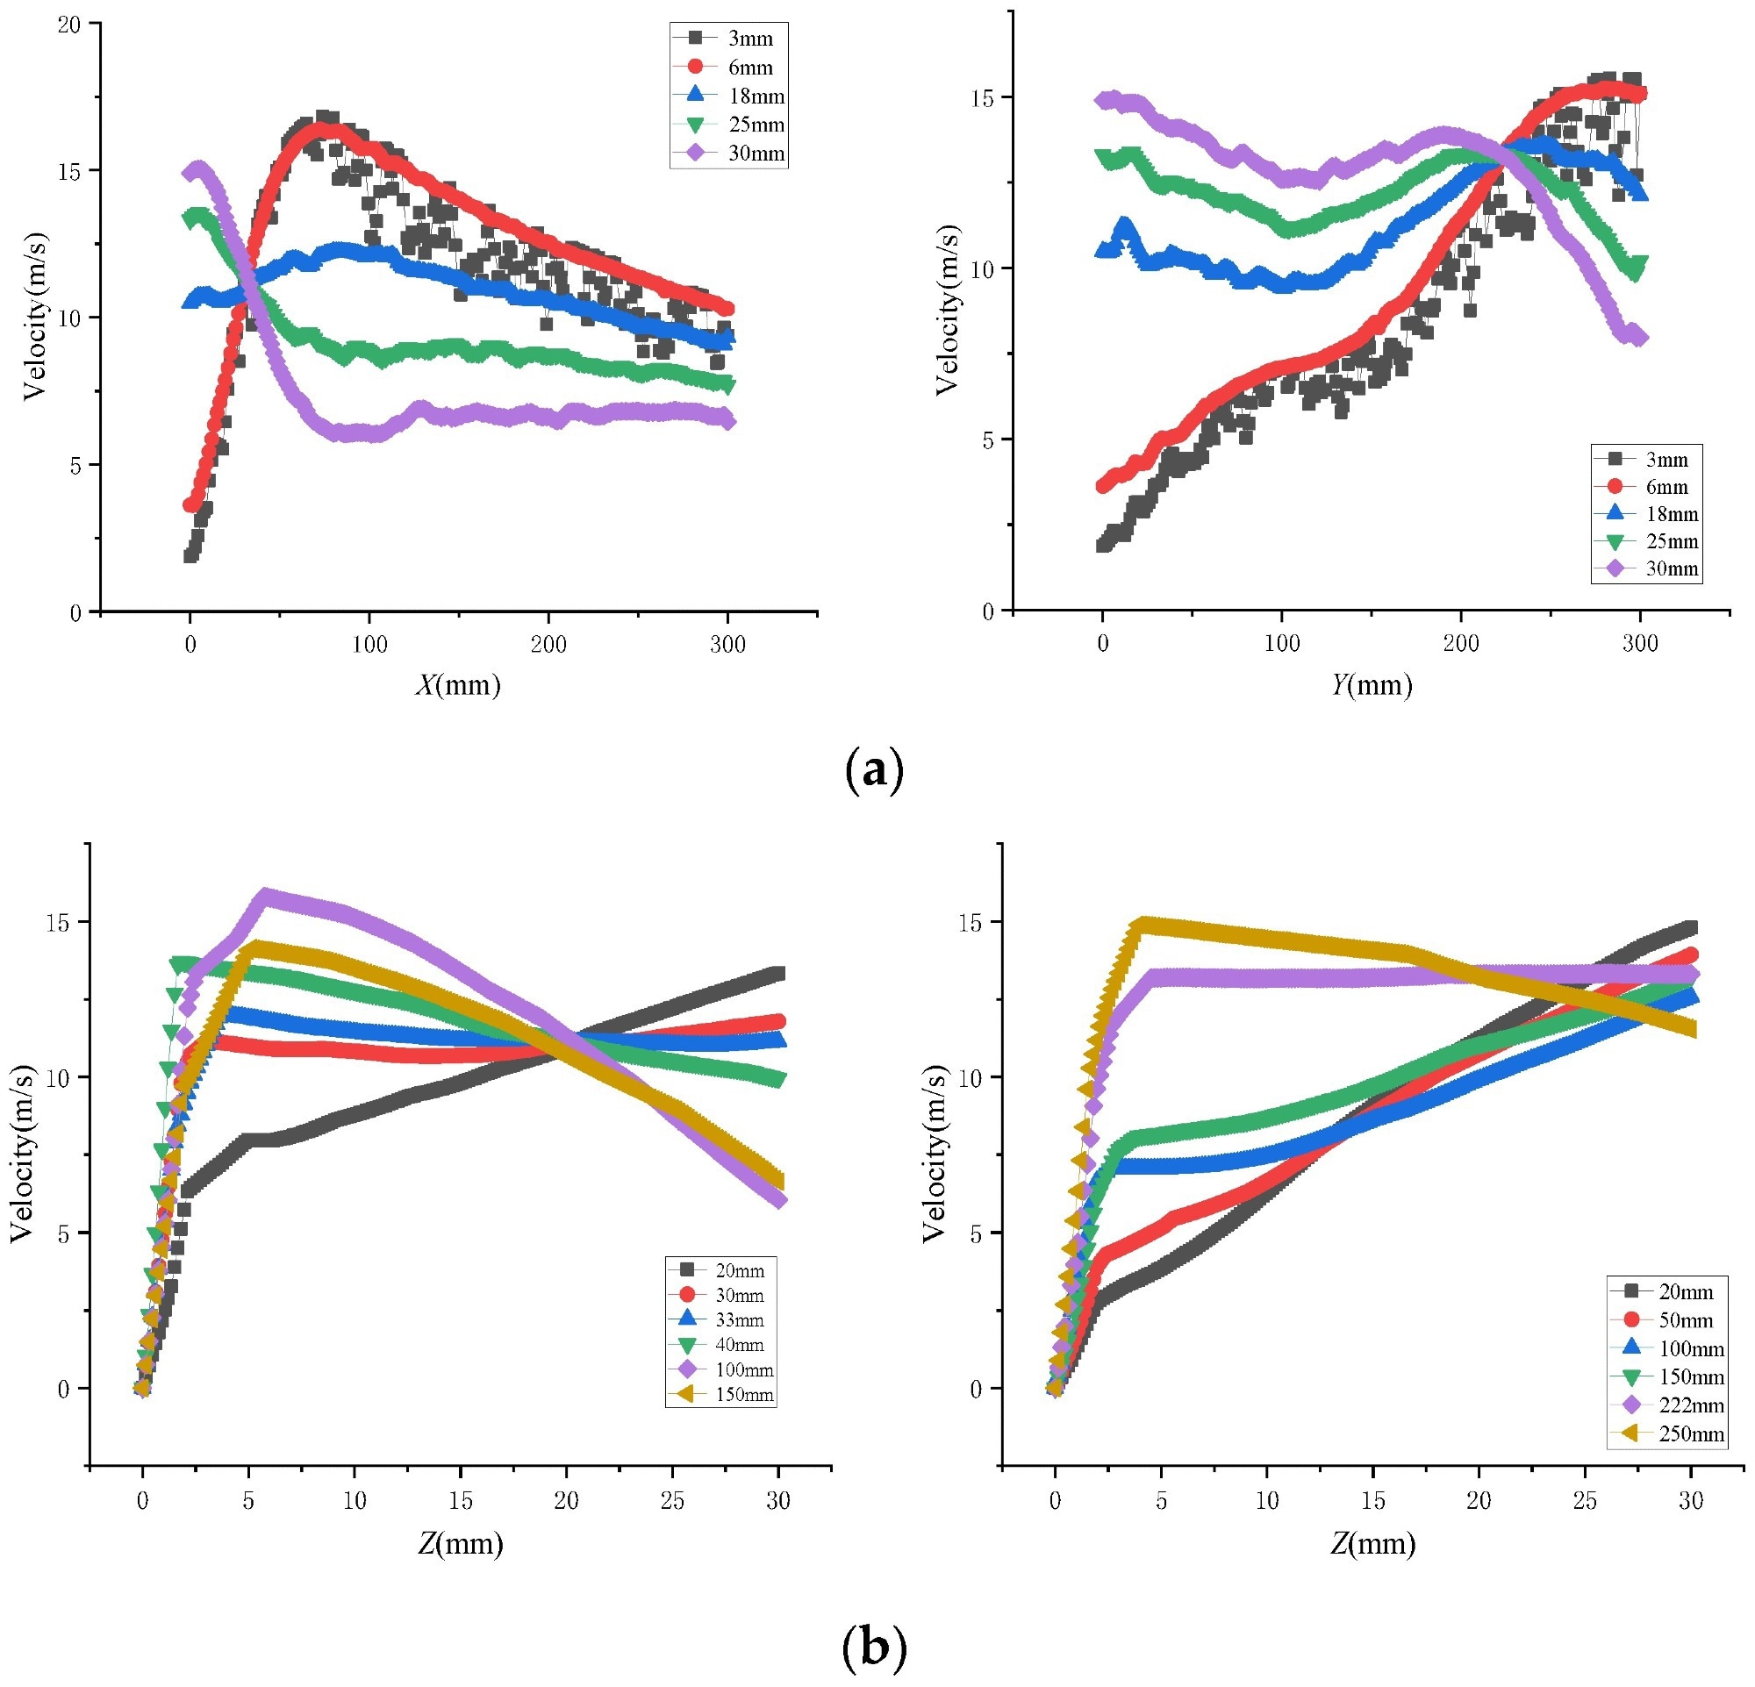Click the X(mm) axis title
point(457,684)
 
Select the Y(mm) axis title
point(1371,684)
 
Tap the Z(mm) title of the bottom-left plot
point(460,1544)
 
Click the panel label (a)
point(874,769)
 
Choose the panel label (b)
point(874,1645)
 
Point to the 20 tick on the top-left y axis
point(69,25)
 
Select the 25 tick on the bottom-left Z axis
point(672,1501)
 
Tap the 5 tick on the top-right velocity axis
point(990,440)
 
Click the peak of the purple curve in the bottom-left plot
point(265,894)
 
